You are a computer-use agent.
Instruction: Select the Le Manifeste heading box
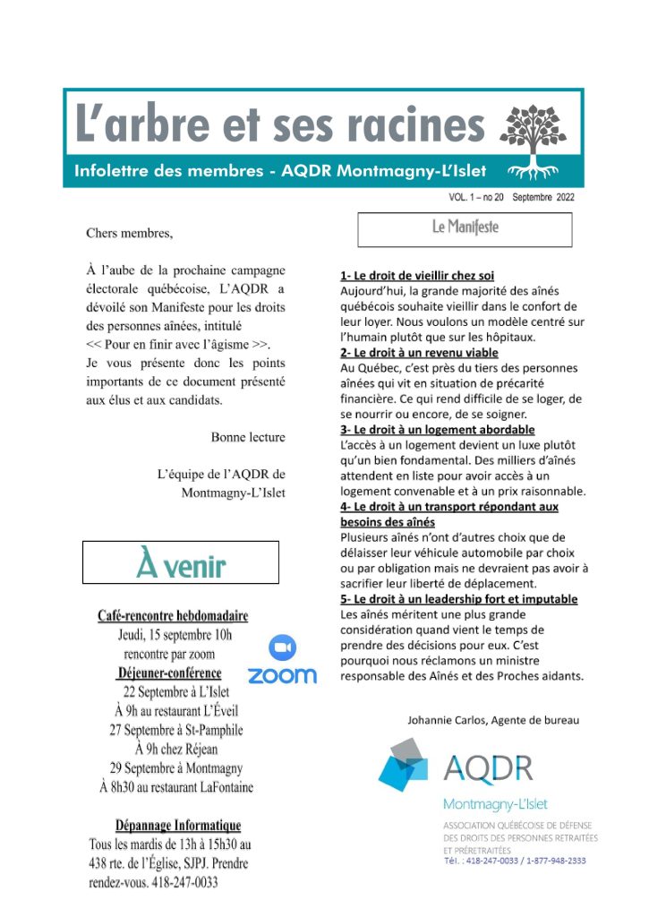(x=465, y=228)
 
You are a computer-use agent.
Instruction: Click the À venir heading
(x=181, y=563)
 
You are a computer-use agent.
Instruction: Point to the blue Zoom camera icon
(x=282, y=647)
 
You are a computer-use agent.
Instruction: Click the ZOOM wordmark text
(x=282, y=675)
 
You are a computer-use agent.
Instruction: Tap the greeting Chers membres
(x=129, y=234)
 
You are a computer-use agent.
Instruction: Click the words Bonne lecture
(x=248, y=437)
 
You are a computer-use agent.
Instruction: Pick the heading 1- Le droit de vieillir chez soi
(x=417, y=276)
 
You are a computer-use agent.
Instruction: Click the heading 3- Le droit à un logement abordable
(x=434, y=430)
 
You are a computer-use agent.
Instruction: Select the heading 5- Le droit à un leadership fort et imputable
(x=458, y=598)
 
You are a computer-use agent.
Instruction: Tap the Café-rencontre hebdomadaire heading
(x=173, y=616)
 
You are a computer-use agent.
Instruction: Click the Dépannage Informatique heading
(x=177, y=825)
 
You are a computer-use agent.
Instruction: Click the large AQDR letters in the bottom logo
(x=488, y=768)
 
